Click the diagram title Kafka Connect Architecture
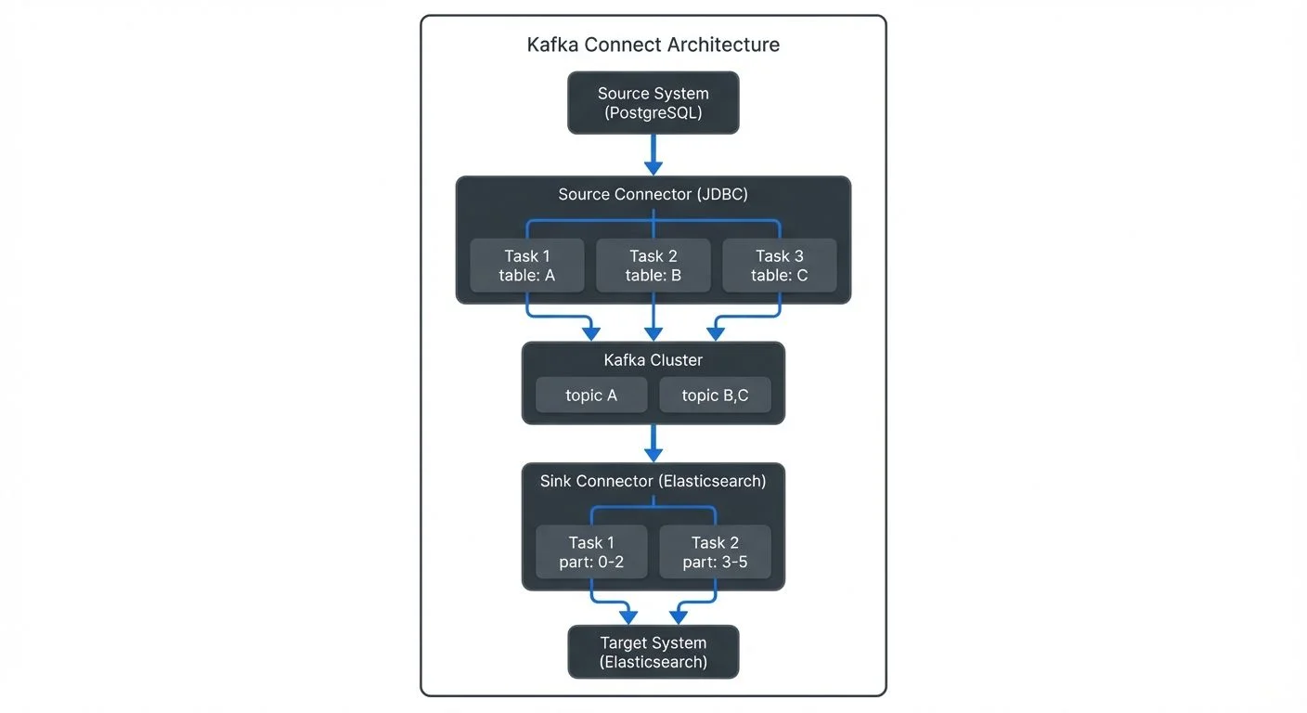653,45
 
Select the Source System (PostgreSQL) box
653,102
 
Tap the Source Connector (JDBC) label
653,195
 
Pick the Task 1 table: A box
526,266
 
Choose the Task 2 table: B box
653,266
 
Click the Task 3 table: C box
779,266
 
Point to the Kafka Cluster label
653,360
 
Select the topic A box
590,395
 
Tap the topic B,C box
715,395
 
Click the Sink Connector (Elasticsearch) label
653,481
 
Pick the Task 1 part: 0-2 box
590,551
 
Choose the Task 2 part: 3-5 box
715,551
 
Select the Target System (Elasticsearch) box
653,652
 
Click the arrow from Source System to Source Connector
653,154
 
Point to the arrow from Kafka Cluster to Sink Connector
653,443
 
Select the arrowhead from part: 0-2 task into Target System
628,616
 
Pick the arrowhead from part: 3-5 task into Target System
678,616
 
